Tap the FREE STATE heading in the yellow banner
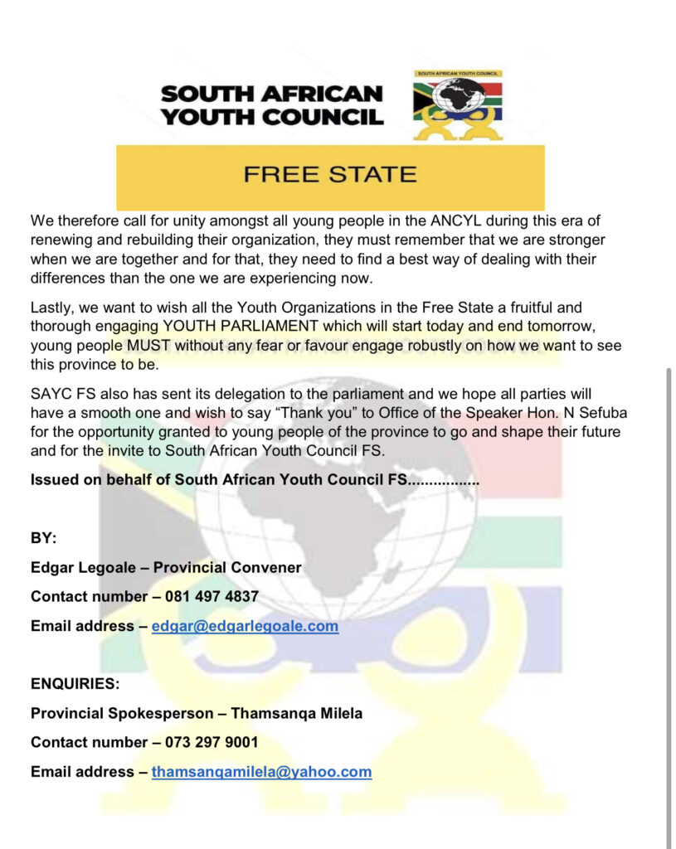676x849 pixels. click(x=329, y=175)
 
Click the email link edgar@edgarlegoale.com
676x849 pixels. click(x=245, y=626)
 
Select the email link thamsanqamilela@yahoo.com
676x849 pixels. click(x=261, y=772)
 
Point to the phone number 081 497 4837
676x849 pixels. click(x=212, y=597)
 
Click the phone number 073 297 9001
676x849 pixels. click(x=212, y=742)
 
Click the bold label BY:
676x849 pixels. click(x=43, y=539)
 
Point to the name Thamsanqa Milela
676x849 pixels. click(x=296, y=713)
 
